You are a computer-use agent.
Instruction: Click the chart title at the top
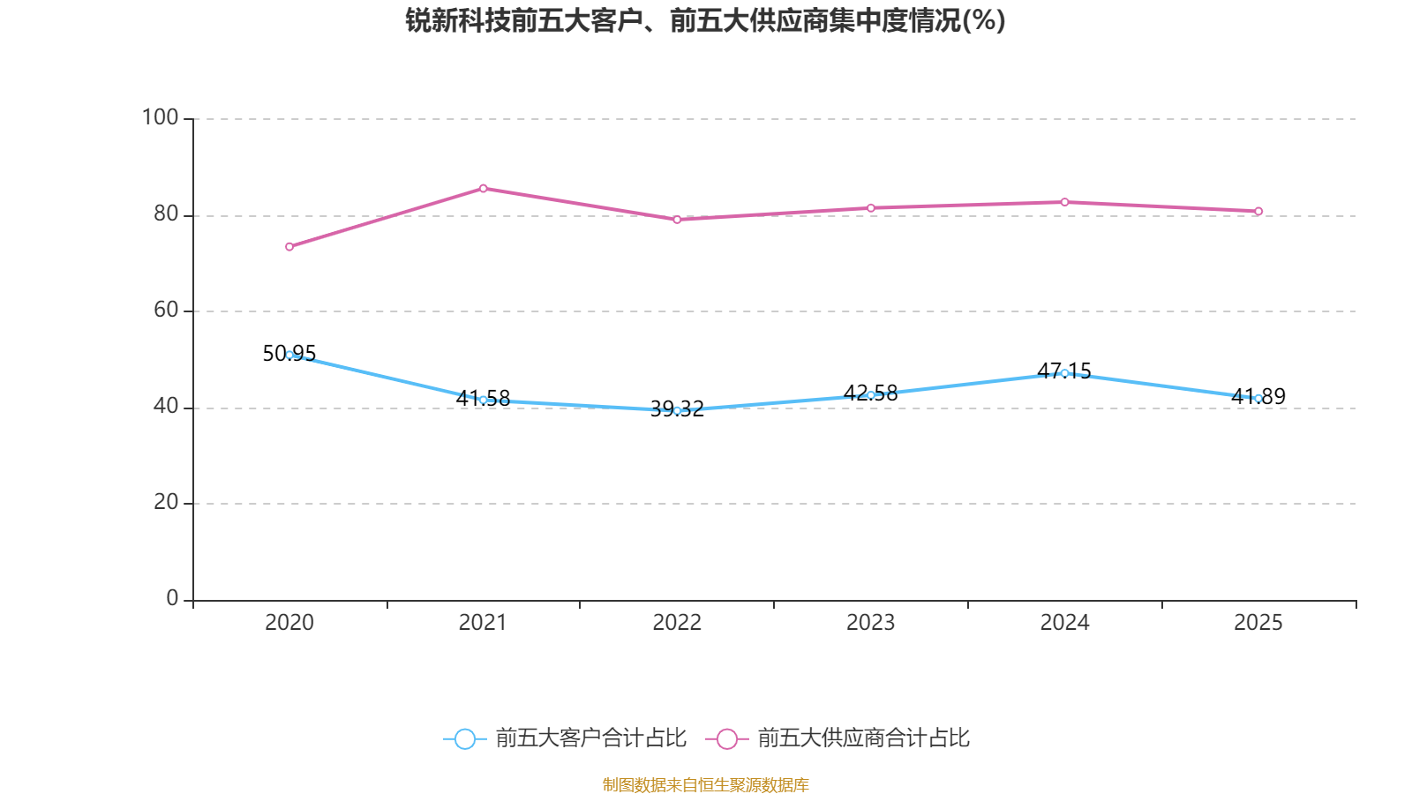[x=705, y=21]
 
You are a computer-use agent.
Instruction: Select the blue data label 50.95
[x=289, y=354]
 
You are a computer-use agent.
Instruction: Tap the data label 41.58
[x=483, y=398]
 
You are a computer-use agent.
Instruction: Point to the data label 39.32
[x=677, y=409]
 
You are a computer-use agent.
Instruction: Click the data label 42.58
[x=870, y=393]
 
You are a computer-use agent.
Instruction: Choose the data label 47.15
[x=1064, y=371]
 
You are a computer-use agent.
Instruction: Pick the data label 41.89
[x=1258, y=396]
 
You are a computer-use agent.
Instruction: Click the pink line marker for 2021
[x=484, y=189]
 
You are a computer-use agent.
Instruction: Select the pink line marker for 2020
[x=289, y=247]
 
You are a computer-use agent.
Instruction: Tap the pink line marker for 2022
[x=677, y=220]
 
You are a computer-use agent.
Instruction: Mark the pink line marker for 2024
[x=1064, y=202]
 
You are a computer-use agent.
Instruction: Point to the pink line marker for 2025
[x=1258, y=212]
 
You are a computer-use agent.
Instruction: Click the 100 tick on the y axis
[x=160, y=118]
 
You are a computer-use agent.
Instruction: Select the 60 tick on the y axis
[x=167, y=310]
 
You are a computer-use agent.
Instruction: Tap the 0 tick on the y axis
[x=172, y=598]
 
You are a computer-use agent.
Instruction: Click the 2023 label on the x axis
[x=870, y=623]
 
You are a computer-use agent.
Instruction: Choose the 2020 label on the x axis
[x=289, y=623]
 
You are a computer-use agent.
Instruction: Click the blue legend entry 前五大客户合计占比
[x=565, y=738]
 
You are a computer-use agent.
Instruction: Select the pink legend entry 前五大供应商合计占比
[x=837, y=738]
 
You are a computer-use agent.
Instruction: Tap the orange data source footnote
[x=705, y=784]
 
